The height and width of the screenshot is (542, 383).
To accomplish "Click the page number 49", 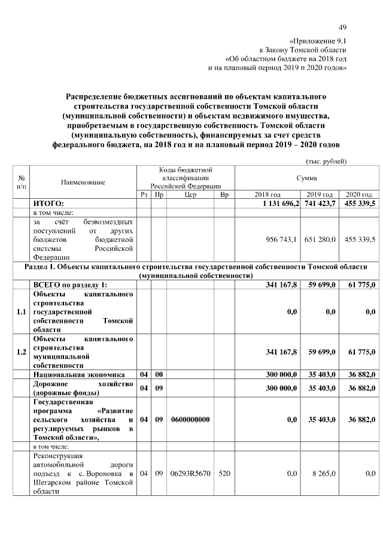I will pyautogui.click(x=342, y=27).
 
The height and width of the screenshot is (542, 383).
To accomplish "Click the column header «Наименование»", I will pyautogui.click(x=83, y=181).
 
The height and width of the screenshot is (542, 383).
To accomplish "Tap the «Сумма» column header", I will pyautogui.click(x=306, y=178).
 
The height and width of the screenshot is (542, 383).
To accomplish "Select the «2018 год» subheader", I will pyautogui.click(x=268, y=195).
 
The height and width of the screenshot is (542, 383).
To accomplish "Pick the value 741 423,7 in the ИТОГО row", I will pyautogui.click(x=320, y=204).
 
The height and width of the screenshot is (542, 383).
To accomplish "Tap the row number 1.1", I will pyautogui.click(x=22, y=311).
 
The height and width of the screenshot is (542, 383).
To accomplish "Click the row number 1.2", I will pyautogui.click(x=22, y=352).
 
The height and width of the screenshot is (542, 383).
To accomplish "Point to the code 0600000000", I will pyautogui.click(x=190, y=420).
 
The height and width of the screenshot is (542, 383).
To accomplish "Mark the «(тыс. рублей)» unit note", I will pyautogui.click(x=326, y=161).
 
